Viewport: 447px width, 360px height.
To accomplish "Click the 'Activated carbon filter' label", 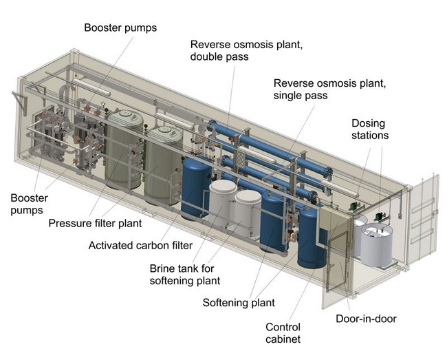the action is tap(140, 245).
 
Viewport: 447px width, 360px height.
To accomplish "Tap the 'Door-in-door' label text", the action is tap(366, 319).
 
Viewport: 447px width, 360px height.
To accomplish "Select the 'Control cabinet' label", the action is tap(283, 333).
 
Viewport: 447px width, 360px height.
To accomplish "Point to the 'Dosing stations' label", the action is tap(370, 129).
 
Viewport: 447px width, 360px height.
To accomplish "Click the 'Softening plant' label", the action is tap(239, 303).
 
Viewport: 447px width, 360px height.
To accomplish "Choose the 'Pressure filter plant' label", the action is tap(95, 223).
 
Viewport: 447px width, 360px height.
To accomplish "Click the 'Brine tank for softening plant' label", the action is tap(185, 275).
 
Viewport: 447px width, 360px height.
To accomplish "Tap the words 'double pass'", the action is tap(219, 56).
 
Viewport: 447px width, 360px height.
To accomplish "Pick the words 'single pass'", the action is tap(301, 95).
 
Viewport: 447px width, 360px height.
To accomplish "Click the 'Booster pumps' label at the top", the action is tap(120, 28).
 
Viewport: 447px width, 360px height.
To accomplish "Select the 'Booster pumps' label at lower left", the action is tap(29, 204).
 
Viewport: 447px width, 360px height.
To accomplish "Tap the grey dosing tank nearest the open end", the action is tap(377, 245).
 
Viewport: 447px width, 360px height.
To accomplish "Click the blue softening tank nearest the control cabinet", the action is tap(311, 238).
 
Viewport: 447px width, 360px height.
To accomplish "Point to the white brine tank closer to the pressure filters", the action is tap(223, 202).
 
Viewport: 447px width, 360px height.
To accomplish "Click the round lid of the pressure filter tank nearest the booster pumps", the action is tap(125, 115).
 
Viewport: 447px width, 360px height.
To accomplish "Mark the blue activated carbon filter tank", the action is tap(196, 189).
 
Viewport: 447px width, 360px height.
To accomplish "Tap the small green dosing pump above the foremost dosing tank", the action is tap(380, 217).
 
